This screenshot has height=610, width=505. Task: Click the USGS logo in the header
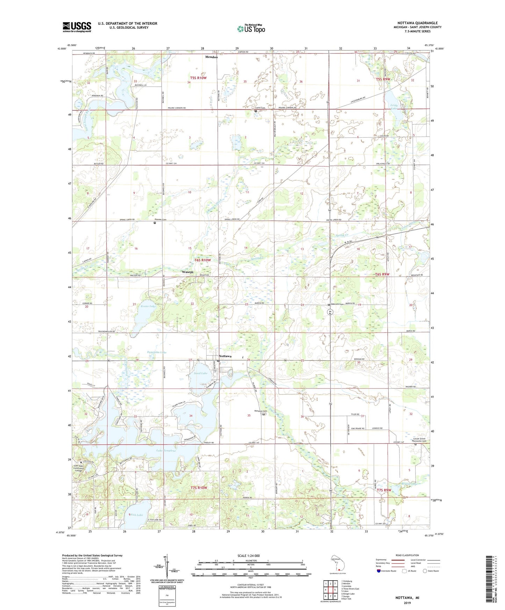tap(77, 27)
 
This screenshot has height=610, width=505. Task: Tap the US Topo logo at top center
tap(251, 29)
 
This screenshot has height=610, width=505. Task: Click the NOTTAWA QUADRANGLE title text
tap(412, 23)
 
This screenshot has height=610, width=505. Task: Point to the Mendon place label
tap(211, 57)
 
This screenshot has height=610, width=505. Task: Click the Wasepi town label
tap(187, 271)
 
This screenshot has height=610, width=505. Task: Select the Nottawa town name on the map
tap(225, 356)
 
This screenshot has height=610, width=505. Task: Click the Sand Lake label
tap(201, 373)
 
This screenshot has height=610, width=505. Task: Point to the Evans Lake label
tap(147, 306)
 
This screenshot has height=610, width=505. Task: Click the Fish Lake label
tap(137, 515)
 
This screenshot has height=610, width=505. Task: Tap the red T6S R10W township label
tap(203, 260)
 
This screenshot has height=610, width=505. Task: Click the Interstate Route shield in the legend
tap(378, 571)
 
